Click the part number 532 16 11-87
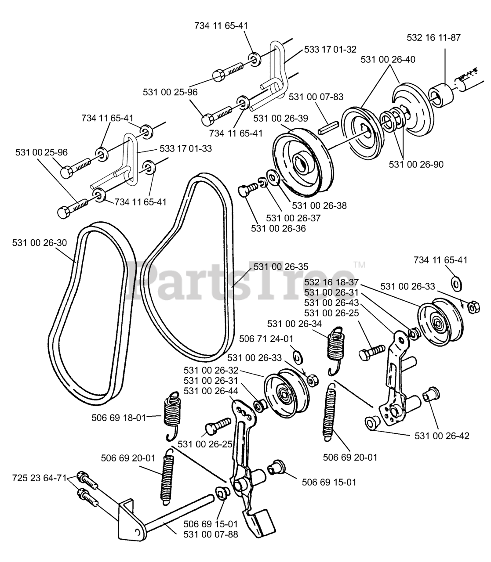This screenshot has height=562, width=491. pyautogui.click(x=433, y=37)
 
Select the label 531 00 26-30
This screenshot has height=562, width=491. pyautogui.click(x=40, y=242)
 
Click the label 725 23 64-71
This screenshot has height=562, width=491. pyautogui.click(x=39, y=477)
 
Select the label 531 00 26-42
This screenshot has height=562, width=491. pyautogui.click(x=442, y=436)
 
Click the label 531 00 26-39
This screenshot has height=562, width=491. pyautogui.click(x=280, y=119)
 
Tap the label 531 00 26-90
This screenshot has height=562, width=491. pyautogui.click(x=416, y=165)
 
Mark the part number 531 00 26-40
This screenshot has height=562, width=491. pyautogui.click(x=388, y=59)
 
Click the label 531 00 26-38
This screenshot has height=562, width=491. pyautogui.click(x=319, y=205)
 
